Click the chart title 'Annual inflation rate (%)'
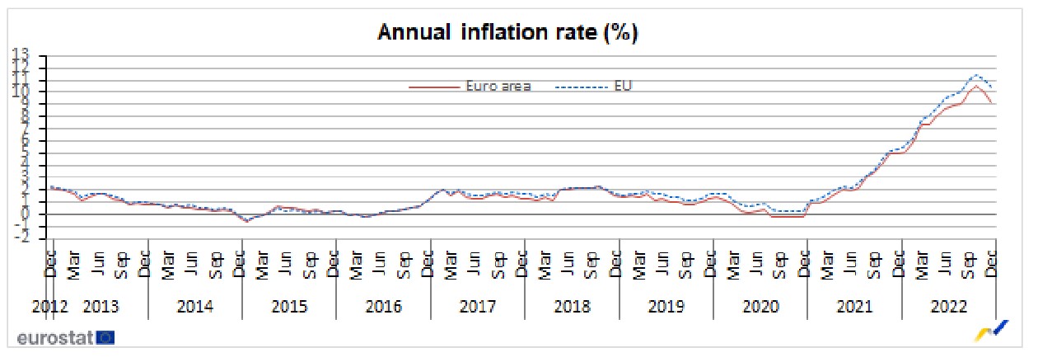click(508, 32)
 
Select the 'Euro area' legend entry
click(498, 86)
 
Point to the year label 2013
click(101, 308)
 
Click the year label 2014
click(195, 308)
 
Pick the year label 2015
click(289, 308)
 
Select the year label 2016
click(384, 308)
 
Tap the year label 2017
click(478, 308)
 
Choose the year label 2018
click(573, 308)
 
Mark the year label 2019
click(666, 308)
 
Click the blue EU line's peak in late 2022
click(976, 74)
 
